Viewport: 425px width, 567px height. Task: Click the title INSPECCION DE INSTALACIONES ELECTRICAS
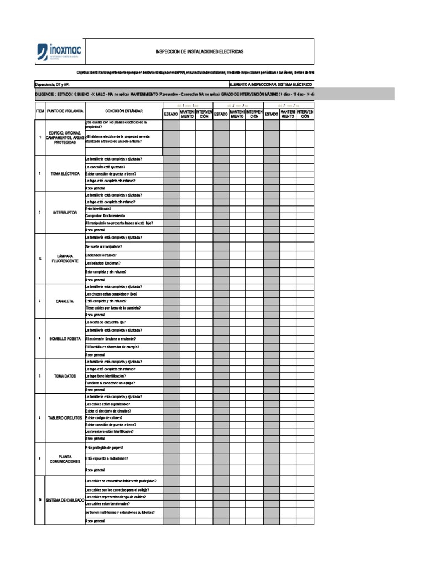(x=199, y=51)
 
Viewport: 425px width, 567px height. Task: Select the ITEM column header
(x=40, y=111)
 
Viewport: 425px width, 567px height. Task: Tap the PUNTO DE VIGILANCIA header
(x=65, y=111)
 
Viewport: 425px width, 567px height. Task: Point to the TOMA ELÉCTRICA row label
(x=65, y=174)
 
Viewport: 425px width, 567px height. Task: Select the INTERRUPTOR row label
(x=65, y=213)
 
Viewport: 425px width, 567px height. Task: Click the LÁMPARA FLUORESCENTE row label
(x=65, y=259)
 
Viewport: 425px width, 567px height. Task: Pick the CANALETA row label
(x=65, y=301)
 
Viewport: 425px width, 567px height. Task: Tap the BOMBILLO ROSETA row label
(x=65, y=338)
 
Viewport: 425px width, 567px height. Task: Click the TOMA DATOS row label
(x=65, y=376)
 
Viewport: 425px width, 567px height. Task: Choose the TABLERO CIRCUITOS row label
(x=65, y=417)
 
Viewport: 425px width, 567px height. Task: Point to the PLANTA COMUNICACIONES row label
(x=65, y=458)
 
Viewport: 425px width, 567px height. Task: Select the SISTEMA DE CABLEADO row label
(x=65, y=500)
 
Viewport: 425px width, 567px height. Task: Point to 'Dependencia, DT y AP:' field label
(x=52, y=84)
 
